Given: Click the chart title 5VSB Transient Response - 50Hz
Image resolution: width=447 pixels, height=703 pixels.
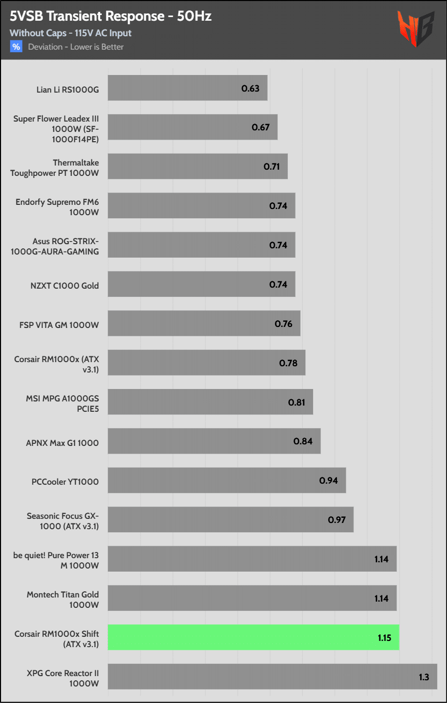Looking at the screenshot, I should point(111,17).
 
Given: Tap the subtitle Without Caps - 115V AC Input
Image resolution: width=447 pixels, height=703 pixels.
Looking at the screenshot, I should point(70,33).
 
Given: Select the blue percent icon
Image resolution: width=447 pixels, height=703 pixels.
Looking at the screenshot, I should point(16,47).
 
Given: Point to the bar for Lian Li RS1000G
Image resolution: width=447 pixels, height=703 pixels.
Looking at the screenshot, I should point(188,88).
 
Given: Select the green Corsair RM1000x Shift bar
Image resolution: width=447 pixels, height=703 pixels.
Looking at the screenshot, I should point(253,637).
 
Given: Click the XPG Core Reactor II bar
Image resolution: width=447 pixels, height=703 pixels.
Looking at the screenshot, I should point(272,677).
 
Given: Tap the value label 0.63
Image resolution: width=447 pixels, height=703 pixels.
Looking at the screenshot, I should point(250,88).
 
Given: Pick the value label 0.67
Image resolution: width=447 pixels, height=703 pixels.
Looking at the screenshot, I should point(260,127).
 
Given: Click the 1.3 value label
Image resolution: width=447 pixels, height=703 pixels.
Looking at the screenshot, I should point(424,677).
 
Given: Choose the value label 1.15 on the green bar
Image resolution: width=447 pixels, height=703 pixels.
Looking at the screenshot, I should point(384,638).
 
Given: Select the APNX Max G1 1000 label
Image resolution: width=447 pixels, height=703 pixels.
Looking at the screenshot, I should point(63,443).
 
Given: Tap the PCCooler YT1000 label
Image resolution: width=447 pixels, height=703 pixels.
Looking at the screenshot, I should point(65,482).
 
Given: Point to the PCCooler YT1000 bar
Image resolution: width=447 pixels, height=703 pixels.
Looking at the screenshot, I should point(226,481).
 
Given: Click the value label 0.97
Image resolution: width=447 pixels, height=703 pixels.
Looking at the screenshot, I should point(336,519).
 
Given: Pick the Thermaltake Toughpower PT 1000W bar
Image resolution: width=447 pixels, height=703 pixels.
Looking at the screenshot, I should point(197,167).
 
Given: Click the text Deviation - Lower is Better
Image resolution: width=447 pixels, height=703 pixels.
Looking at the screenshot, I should point(75,47).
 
